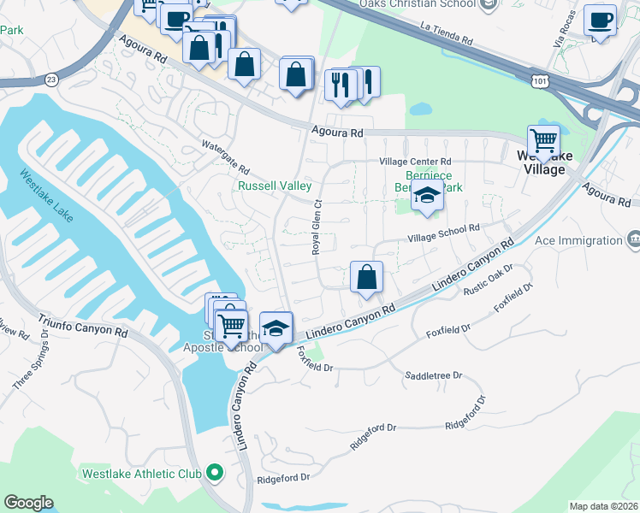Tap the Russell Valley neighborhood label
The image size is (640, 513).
tap(274, 186)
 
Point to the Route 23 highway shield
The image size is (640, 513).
tap(51, 79)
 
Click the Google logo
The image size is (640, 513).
tap(28, 503)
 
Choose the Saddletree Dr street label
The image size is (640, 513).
tap(433, 375)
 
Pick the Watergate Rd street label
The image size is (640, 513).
tap(225, 156)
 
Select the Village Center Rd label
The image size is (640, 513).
tap(415, 162)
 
